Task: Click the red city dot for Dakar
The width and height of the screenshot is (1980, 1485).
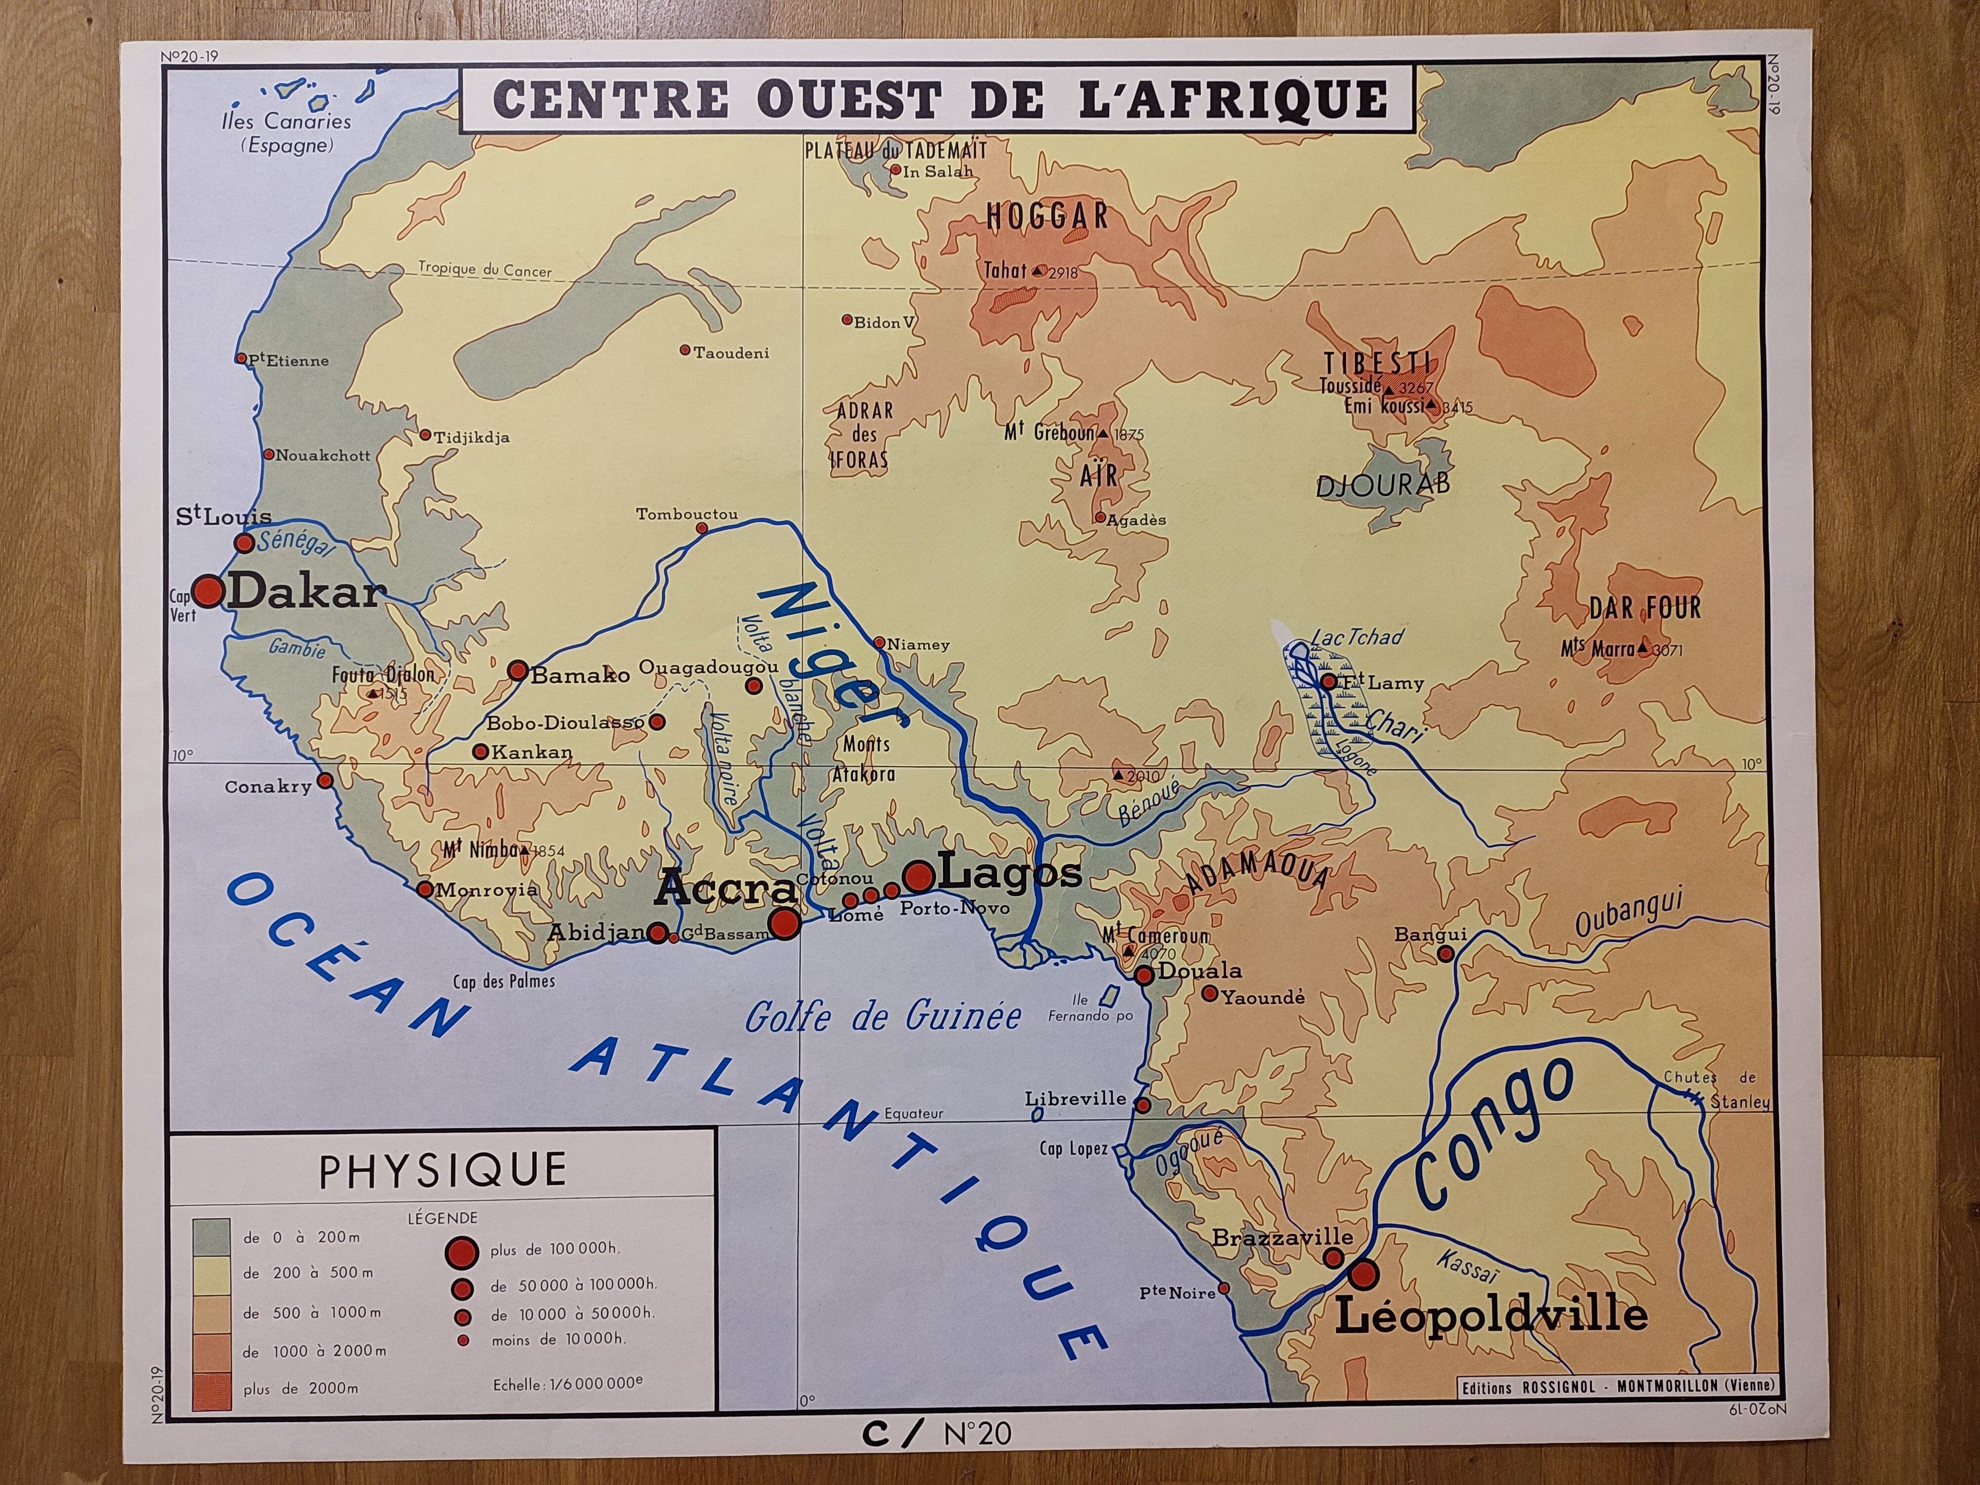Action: (208, 591)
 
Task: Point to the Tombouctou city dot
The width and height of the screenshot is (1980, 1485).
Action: (702, 528)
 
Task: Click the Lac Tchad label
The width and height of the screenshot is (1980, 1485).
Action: (1356, 638)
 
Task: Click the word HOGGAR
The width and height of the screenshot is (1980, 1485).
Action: (1047, 217)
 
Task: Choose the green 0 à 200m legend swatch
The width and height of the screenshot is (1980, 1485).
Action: (211, 1237)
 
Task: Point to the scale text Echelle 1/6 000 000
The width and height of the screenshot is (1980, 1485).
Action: (567, 1385)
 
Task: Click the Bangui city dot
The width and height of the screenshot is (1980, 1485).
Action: (1445, 954)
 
